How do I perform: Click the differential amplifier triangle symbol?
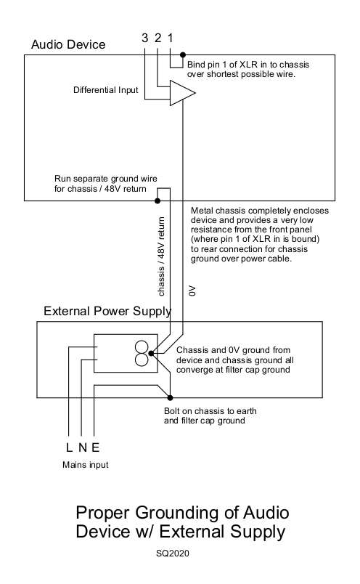(x=181, y=93)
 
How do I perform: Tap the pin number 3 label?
(x=145, y=38)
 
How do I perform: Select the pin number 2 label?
(x=157, y=38)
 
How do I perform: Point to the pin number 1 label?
(x=171, y=38)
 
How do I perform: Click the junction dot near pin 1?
(x=183, y=54)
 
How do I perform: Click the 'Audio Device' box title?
(x=68, y=45)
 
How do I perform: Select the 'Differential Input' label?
(x=105, y=92)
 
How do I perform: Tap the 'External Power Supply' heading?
(x=107, y=312)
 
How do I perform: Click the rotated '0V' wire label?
(x=192, y=291)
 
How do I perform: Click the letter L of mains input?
(x=67, y=447)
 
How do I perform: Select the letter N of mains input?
(x=81, y=447)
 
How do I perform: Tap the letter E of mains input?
(x=95, y=447)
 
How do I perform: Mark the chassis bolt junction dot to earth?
(x=171, y=397)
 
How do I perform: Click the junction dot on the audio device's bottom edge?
(x=156, y=200)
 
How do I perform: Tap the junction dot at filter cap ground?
(x=150, y=354)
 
